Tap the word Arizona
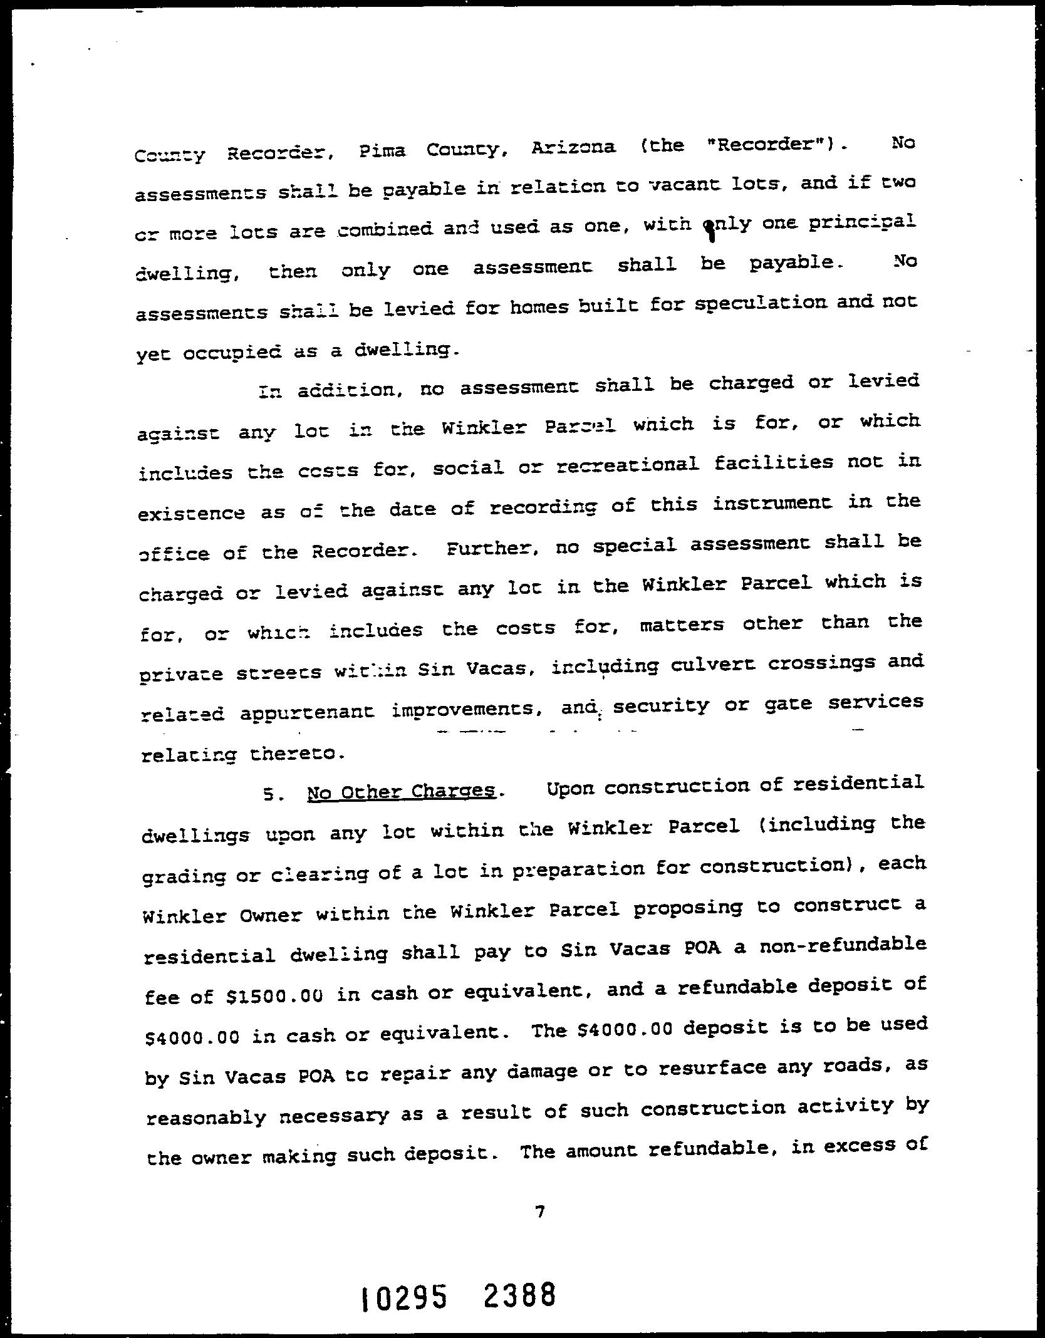click(573, 148)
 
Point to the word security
click(661, 706)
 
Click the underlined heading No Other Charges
click(401, 792)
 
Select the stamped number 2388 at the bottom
click(519, 1294)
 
